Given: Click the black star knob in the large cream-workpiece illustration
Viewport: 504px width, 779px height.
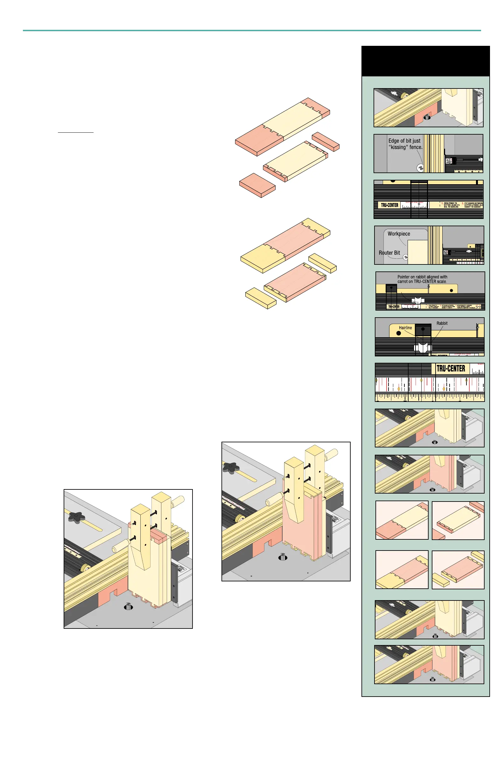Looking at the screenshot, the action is [x=77, y=517].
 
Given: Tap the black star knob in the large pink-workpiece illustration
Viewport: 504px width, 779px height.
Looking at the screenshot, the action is [x=231, y=467].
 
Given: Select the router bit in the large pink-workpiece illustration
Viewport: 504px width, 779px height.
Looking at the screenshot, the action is [x=283, y=557].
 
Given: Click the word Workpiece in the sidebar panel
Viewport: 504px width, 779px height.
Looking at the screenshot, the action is [x=399, y=234].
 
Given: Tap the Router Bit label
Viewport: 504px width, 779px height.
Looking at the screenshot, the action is [x=389, y=253].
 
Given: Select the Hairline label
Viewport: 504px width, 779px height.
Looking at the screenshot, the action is [x=405, y=328].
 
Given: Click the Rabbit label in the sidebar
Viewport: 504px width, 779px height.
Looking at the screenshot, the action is [x=442, y=323].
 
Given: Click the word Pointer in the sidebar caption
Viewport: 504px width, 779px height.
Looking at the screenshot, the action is [x=403, y=277].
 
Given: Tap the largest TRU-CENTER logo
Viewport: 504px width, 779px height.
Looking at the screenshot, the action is [x=451, y=368].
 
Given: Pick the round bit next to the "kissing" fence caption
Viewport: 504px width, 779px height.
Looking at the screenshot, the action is [x=420, y=168].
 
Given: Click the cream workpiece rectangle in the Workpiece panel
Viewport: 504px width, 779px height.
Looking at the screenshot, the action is [x=417, y=252].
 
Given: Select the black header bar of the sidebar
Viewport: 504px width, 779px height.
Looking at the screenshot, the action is [x=425, y=61].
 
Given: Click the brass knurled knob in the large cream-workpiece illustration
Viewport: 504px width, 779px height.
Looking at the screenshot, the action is [x=87, y=568].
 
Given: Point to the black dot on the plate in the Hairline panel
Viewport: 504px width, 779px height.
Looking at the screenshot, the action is [x=399, y=333].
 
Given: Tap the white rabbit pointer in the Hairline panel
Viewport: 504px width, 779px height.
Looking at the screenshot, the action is [x=422, y=347].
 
